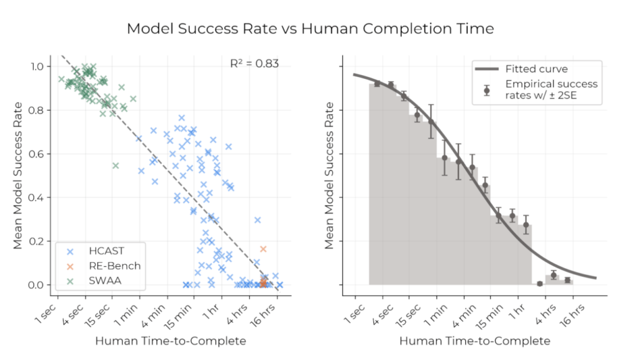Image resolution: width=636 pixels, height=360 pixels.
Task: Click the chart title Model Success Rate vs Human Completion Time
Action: click(311, 29)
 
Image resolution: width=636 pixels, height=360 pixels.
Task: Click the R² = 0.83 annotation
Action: click(254, 63)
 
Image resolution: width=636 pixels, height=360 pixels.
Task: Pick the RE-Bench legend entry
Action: click(112, 266)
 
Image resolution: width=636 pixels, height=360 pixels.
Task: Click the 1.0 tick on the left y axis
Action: click(39, 66)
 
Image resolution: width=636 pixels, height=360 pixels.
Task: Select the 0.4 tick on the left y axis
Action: click(39, 197)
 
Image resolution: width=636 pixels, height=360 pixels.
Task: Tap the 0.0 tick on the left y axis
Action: click(39, 285)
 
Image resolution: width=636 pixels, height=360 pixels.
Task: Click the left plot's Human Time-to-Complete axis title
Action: click(170, 341)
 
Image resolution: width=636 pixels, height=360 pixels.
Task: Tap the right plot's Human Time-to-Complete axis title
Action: click(475, 341)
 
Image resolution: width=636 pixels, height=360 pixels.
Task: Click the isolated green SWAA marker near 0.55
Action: click(116, 165)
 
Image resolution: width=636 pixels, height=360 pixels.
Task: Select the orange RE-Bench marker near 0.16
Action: click(263, 249)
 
